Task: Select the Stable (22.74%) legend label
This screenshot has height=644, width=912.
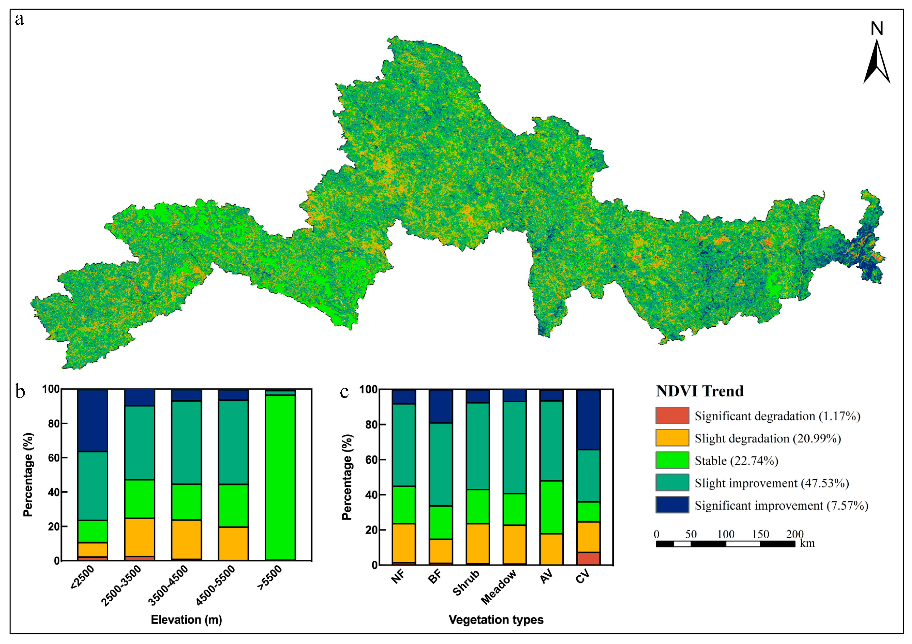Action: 736,461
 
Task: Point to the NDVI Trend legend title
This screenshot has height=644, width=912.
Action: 700,391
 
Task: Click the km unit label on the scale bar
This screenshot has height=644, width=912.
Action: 807,543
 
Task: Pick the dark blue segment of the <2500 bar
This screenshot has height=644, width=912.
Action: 93,420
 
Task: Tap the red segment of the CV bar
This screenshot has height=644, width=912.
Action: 588,558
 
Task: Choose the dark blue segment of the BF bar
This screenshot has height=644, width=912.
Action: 440,406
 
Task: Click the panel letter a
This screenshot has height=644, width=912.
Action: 19,19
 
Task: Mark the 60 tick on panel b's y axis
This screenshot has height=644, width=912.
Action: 54,458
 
